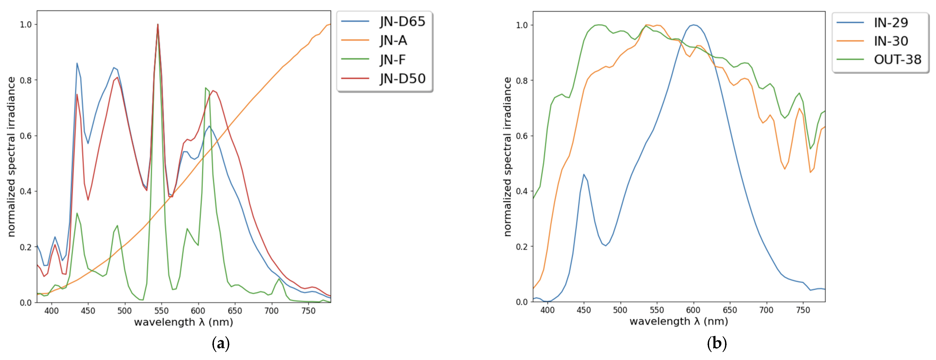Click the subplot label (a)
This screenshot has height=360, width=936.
[x=221, y=343]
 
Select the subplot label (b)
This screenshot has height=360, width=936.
[x=717, y=343]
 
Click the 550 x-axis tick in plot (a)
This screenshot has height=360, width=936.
[x=161, y=311]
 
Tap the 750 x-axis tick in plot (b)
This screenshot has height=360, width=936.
[x=803, y=310]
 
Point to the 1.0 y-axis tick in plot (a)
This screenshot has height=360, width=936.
[x=26, y=24]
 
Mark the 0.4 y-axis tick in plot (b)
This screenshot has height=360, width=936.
[x=522, y=191]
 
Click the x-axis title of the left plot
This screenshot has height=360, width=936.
[x=183, y=322]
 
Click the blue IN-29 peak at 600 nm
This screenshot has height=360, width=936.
[x=694, y=25]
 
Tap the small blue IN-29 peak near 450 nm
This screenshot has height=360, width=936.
[x=584, y=175]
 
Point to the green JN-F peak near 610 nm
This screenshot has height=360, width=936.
[x=206, y=88]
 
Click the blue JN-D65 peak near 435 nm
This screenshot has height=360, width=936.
[x=77, y=63]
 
